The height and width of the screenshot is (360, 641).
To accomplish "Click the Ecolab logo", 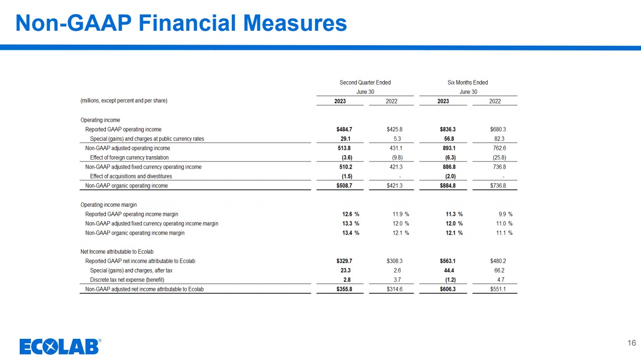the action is (x=60, y=346).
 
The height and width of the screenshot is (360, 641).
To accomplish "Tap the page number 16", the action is (x=631, y=343).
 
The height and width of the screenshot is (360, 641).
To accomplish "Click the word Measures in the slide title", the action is (x=295, y=23).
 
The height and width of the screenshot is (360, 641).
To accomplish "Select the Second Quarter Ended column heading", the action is (x=365, y=83).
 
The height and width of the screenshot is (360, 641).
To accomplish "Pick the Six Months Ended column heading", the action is (x=467, y=83).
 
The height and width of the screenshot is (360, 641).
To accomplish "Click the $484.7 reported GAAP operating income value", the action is (x=344, y=129).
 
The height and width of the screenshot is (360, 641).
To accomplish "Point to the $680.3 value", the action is (x=498, y=129).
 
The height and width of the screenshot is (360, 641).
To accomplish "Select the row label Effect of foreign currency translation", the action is (x=129, y=158).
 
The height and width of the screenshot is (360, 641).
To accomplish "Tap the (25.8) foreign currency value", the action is (x=499, y=158).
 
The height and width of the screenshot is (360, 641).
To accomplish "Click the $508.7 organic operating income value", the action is (x=344, y=186).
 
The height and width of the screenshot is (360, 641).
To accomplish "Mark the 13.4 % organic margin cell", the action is (x=351, y=233).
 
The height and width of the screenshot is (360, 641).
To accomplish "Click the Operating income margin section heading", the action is (x=109, y=205).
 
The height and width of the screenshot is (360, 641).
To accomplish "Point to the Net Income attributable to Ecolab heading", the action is (x=117, y=252).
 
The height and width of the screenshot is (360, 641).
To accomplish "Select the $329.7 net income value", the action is (x=344, y=261).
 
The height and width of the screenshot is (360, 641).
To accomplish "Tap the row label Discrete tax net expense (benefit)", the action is (x=127, y=280).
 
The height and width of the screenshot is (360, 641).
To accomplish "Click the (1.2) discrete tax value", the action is (x=451, y=280).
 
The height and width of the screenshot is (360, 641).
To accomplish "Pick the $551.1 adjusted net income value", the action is (x=498, y=289).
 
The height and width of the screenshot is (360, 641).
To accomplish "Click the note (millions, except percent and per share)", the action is (x=124, y=100).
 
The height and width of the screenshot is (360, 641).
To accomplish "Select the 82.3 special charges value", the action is (x=499, y=139).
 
